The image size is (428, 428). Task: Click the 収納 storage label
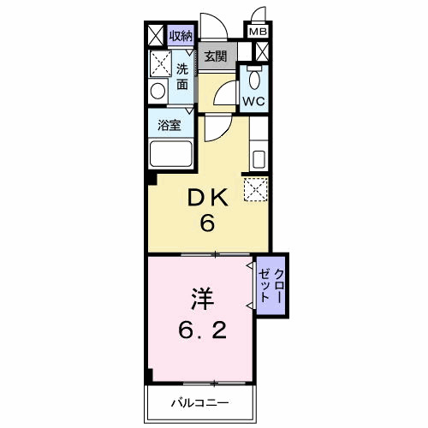(x=180, y=35)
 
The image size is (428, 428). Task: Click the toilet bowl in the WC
(x=253, y=79)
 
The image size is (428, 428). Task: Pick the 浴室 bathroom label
(x=168, y=125)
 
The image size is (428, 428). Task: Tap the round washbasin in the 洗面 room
(x=158, y=91)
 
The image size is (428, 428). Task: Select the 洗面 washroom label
(x=182, y=76)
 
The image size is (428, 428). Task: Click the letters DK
(x=206, y=199)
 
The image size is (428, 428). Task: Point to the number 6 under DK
(x=206, y=224)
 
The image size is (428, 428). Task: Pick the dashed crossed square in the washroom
(x=159, y=63)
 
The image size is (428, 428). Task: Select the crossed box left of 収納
(x=155, y=35)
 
